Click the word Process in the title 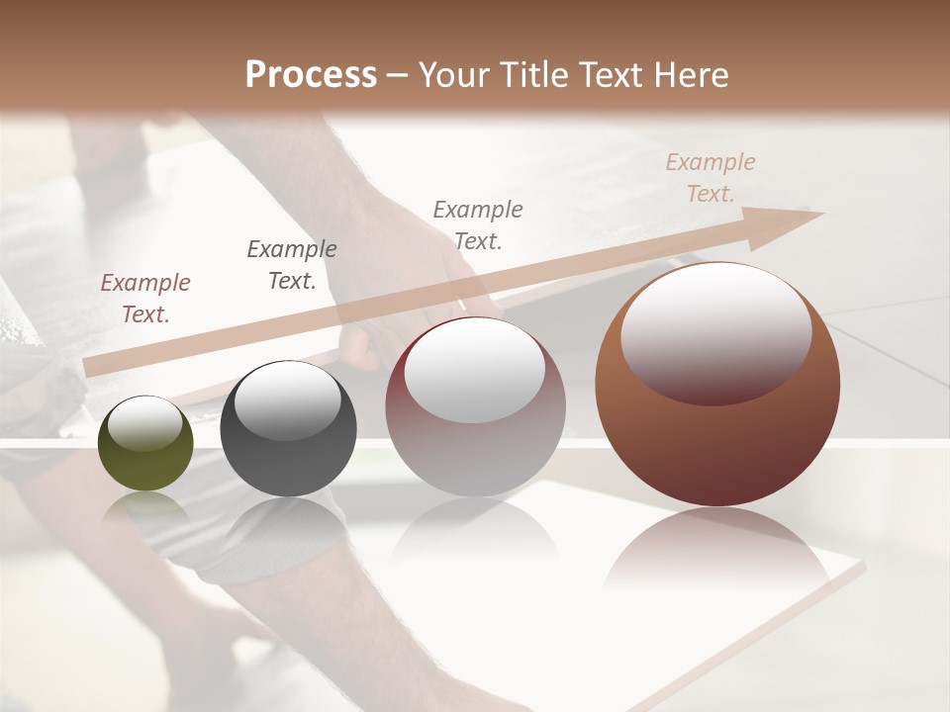pyautogui.click(x=311, y=74)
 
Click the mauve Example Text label pyautogui.click(x=145, y=299)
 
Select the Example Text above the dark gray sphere pyautogui.click(x=292, y=265)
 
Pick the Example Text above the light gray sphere pyautogui.click(x=478, y=224)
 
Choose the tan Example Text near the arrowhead pyautogui.click(x=711, y=178)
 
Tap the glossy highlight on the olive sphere pyautogui.click(x=144, y=422)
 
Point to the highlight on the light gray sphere pyautogui.click(x=475, y=368)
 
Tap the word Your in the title pyautogui.click(x=454, y=74)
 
